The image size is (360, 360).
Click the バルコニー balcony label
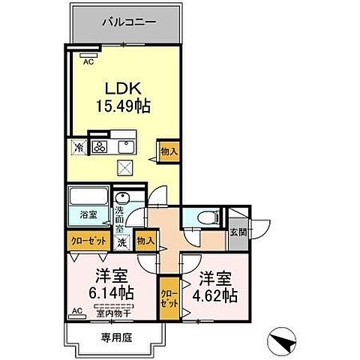[x=129, y=22]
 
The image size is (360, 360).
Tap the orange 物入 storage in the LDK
[x=169, y=151]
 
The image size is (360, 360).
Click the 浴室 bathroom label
[x=88, y=215]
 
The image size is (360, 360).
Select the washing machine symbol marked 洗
[x=121, y=241]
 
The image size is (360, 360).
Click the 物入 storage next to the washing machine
[x=145, y=241]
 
